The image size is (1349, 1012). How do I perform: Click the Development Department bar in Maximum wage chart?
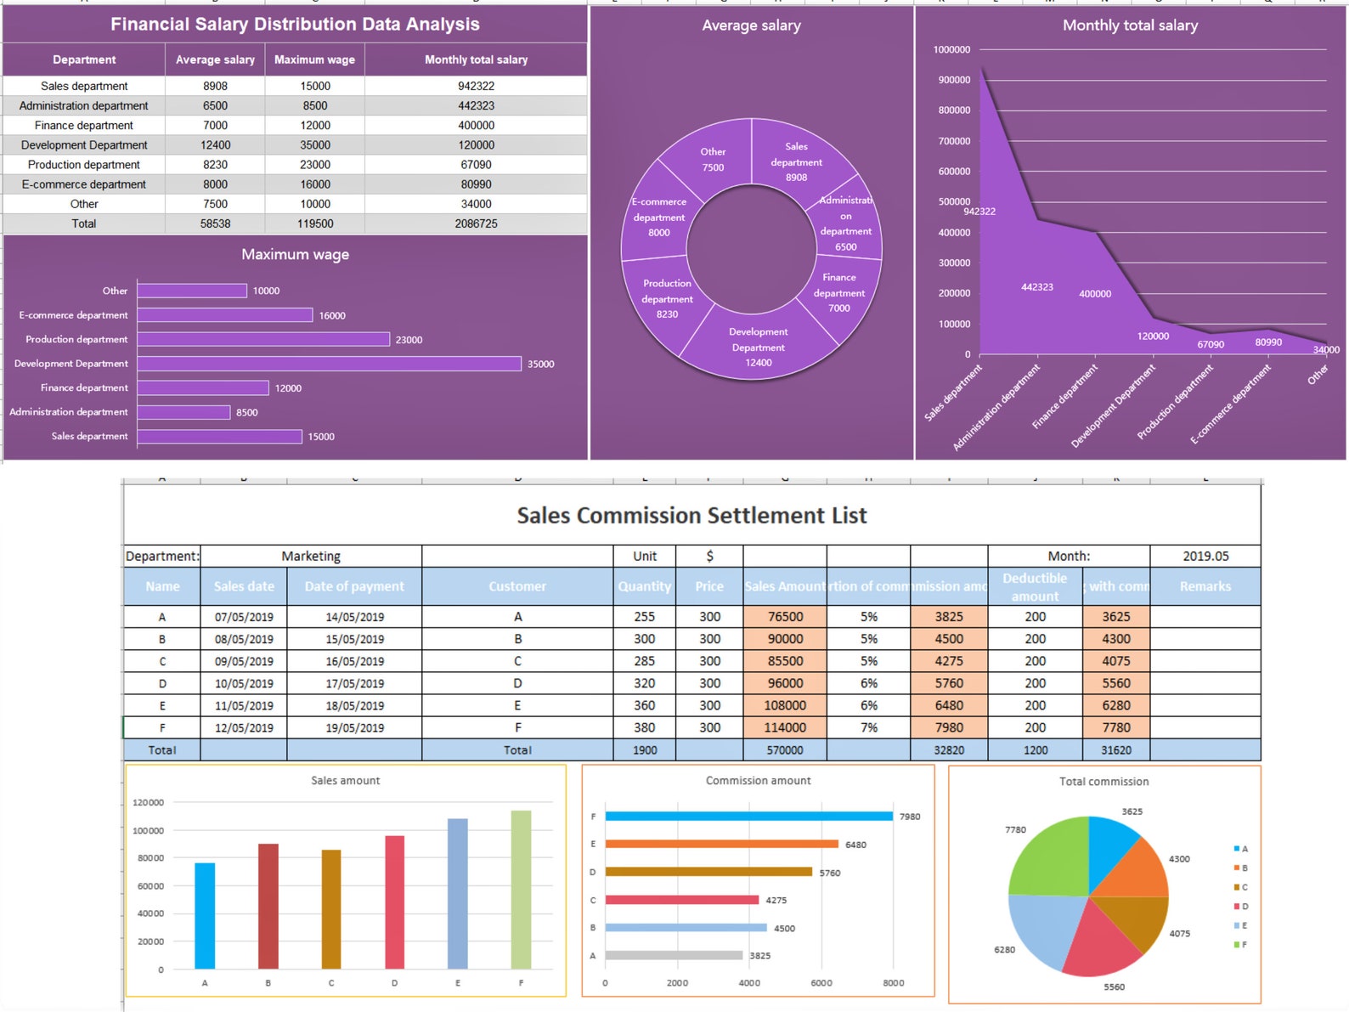coord(329,364)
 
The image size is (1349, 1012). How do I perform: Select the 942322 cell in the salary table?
coord(476,86)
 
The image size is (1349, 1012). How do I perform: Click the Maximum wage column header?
coord(314,59)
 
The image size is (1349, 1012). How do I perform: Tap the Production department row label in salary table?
coord(83,165)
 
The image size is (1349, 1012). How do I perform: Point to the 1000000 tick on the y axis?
coord(951,49)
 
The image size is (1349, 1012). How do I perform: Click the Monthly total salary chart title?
coord(1130,25)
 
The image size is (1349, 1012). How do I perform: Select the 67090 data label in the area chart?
coord(1211,344)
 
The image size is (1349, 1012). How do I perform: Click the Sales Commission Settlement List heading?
coord(691,516)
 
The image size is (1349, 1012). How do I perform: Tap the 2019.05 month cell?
coord(1205,556)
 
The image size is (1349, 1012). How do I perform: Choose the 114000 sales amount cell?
coord(784,727)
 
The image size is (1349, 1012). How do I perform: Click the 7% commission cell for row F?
coord(868,727)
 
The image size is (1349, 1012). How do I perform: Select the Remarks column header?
coord(1205,586)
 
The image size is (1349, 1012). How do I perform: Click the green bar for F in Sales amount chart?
coord(521,890)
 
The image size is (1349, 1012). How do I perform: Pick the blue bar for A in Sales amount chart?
coord(205,916)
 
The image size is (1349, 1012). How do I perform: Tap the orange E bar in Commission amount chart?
coord(721,844)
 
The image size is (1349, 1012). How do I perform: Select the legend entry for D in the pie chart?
coord(1240,907)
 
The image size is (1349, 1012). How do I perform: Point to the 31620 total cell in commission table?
coord(1115,750)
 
